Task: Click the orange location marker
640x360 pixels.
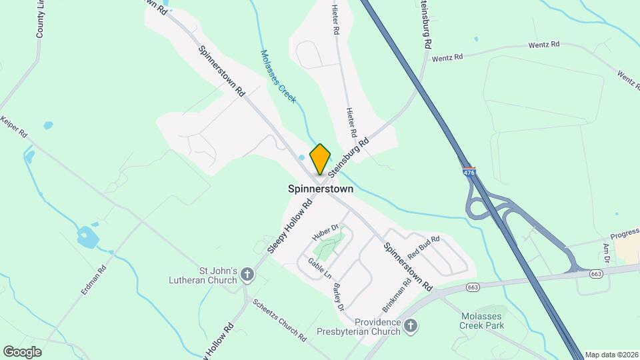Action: [320, 159]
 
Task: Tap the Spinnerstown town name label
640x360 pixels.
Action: [320, 189]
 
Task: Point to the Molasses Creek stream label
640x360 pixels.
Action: [278, 77]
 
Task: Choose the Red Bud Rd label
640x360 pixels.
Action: [424, 247]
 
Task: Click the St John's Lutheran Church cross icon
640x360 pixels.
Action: [247, 275]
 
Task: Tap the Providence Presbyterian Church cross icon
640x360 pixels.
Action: [411, 326]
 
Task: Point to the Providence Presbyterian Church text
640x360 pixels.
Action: [363, 326]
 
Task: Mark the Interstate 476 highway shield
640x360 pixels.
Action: [469, 172]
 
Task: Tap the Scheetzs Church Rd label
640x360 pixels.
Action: [279, 319]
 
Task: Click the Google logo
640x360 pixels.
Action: [22, 351]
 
